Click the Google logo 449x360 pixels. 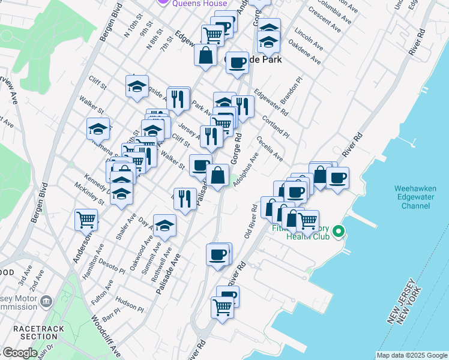click(20, 353)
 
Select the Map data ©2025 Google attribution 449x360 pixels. click(411, 355)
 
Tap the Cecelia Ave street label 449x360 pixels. click(270, 148)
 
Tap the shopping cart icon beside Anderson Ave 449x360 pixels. click(86, 220)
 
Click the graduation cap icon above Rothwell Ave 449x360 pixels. click(164, 226)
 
